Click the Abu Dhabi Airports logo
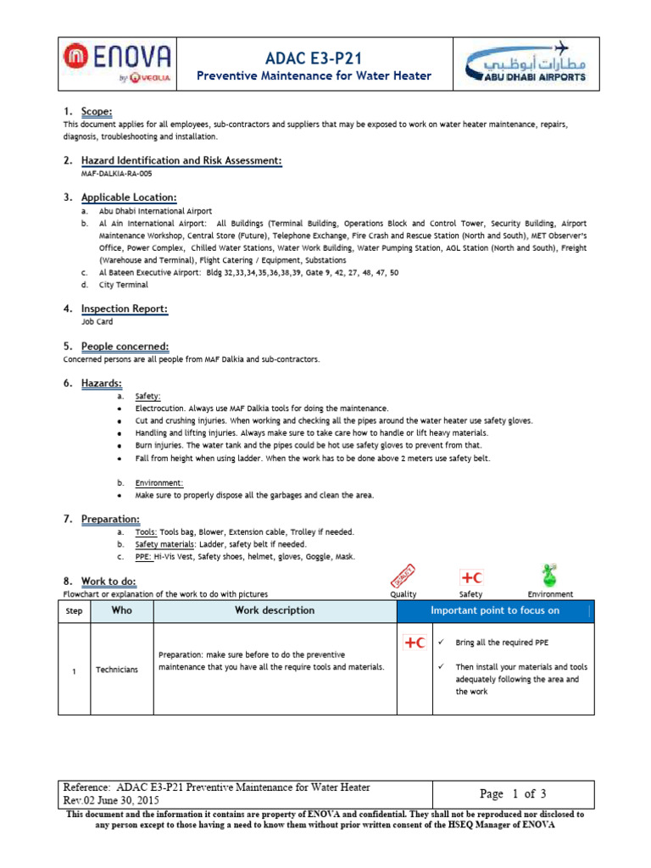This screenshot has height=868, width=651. (x=526, y=64)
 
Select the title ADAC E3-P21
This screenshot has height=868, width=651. (x=314, y=56)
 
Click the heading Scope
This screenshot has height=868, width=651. (x=96, y=112)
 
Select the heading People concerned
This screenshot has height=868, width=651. (x=125, y=347)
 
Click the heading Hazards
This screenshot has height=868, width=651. (x=101, y=384)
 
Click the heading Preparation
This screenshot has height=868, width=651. (x=110, y=519)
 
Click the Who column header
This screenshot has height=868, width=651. (x=121, y=610)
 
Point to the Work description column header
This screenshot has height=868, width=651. (x=274, y=610)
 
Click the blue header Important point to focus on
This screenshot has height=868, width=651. (x=495, y=610)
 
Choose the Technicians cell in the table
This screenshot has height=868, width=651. (x=117, y=670)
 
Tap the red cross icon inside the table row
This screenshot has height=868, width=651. (x=415, y=643)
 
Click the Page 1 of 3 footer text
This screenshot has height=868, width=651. (x=507, y=794)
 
